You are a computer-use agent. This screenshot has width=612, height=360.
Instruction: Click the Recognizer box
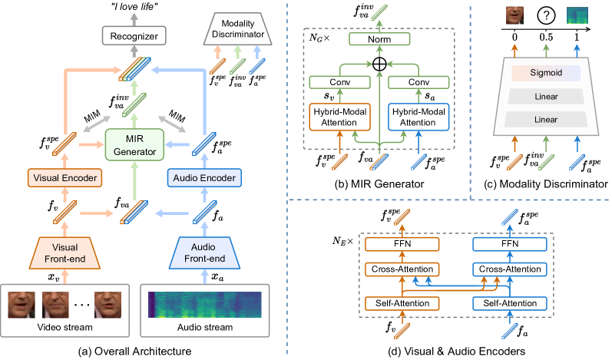[x=129, y=35]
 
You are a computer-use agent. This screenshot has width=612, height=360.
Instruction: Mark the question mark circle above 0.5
[x=543, y=15]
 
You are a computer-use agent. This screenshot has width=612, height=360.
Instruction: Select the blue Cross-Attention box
[x=508, y=270]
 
